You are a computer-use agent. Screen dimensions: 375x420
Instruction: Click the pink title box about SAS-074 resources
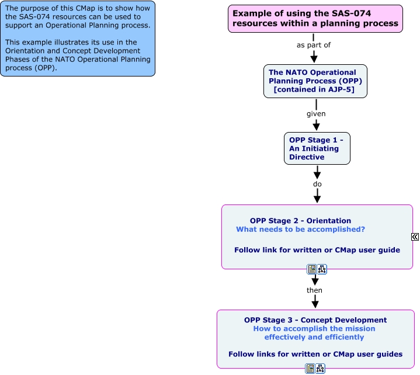click(x=315, y=18)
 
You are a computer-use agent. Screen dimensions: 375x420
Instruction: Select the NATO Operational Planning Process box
click(x=315, y=81)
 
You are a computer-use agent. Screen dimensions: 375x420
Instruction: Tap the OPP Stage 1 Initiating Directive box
click(x=317, y=148)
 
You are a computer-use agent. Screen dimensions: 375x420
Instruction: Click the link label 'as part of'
click(x=314, y=45)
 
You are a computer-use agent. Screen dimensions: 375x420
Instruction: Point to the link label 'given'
click(x=316, y=114)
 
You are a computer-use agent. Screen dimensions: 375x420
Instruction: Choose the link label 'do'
click(x=317, y=184)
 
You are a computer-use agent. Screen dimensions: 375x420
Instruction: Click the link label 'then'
click(x=314, y=290)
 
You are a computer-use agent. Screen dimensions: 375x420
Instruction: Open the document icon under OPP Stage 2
click(x=312, y=269)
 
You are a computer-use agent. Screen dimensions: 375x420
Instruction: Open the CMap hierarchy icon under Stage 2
click(x=321, y=269)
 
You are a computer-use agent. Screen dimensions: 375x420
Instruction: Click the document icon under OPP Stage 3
click(x=310, y=369)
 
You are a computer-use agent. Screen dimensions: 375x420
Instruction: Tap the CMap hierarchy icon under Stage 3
click(x=320, y=369)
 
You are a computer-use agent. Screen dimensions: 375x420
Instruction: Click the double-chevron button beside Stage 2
click(x=415, y=237)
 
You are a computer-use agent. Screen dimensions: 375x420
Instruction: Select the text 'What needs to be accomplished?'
click(x=300, y=230)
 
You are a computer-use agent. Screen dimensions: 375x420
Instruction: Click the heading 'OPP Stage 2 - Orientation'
click(x=300, y=221)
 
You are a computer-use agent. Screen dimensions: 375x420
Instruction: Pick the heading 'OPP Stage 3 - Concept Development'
click(x=315, y=320)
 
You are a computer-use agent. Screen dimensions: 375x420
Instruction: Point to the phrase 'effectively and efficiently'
click(x=314, y=337)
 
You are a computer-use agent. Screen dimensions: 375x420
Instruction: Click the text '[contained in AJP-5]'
click(x=314, y=90)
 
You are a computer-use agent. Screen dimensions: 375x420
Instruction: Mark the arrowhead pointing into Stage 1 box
click(x=316, y=126)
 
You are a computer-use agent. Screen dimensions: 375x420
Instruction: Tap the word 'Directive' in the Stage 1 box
click(x=306, y=157)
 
